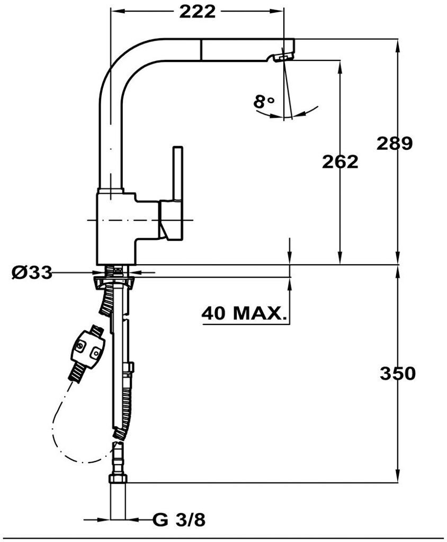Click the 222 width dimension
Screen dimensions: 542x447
197,11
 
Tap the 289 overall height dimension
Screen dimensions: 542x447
394,143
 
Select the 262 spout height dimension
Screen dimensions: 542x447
340,162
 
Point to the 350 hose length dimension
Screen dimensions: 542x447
397,373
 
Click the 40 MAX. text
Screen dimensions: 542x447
243,313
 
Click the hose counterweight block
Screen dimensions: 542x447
87,350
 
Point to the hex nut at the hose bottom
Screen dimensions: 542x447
118,479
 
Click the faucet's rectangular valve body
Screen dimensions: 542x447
117,228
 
